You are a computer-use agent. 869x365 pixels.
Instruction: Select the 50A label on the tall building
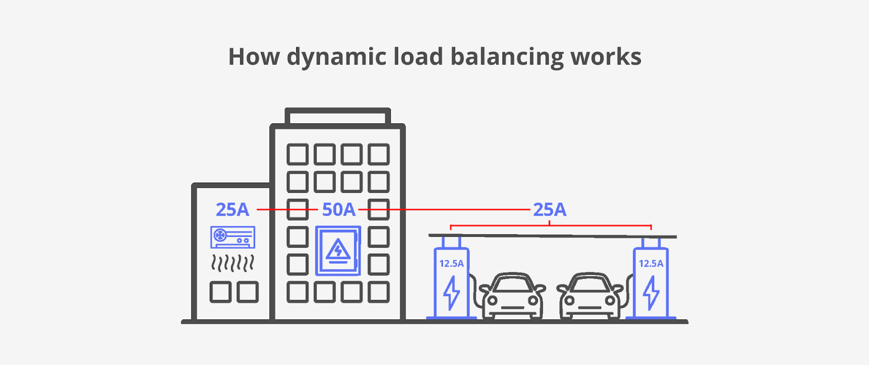coord(338,210)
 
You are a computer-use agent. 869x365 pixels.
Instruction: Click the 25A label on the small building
coord(232,210)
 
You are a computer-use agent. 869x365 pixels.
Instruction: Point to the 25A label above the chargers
coord(549,210)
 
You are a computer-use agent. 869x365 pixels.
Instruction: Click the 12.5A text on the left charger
coord(451,263)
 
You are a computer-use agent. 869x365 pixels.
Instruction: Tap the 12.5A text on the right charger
coord(651,263)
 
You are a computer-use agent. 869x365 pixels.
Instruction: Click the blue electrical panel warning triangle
coord(338,251)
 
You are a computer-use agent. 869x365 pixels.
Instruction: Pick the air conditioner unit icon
coord(232,237)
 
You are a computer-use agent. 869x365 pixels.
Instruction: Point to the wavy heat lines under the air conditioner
coord(232,263)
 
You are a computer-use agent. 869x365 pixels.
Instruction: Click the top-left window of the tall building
coord(297,155)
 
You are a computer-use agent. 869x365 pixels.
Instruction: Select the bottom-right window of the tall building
coord(379,292)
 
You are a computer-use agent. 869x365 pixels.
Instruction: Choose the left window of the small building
coord(220,292)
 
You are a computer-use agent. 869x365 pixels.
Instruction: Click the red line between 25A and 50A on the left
coord(286,209)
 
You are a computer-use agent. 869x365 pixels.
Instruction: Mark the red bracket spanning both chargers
coord(550,225)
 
